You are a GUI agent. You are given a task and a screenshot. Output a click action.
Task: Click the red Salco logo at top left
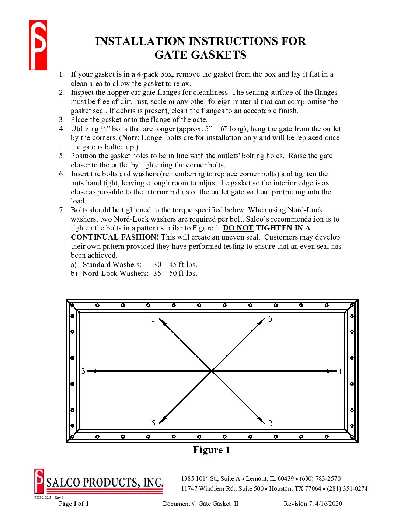[38, 45]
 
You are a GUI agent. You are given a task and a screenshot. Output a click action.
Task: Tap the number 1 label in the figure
[153, 319]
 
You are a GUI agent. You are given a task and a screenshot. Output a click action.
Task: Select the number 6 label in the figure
[270, 319]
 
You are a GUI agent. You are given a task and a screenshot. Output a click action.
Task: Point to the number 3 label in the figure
[83, 371]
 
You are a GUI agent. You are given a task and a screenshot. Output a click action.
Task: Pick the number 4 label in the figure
[340, 371]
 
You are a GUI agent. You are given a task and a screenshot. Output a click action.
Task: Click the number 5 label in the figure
[153, 423]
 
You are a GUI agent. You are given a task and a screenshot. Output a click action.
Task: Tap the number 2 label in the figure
[270, 423]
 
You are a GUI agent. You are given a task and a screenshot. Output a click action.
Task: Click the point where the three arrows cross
[212, 370]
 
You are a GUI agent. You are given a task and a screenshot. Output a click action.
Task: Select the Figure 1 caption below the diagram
[212, 450]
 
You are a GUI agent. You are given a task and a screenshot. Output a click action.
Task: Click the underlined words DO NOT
[238, 228]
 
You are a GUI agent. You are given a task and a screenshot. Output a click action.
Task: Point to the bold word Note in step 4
[129, 138]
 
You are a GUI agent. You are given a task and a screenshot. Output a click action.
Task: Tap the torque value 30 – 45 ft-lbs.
[175, 265]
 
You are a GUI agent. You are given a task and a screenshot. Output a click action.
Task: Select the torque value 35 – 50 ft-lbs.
[175, 274]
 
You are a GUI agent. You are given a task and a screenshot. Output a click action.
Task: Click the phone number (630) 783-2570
[320, 479]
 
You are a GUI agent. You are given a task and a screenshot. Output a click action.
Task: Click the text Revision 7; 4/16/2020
[313, 504]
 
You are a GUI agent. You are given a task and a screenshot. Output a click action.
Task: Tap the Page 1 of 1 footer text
[74, 504]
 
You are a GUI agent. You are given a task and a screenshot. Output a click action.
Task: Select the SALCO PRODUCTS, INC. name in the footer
[105, 483]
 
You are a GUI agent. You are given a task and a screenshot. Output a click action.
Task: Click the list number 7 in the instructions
[62, 210]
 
